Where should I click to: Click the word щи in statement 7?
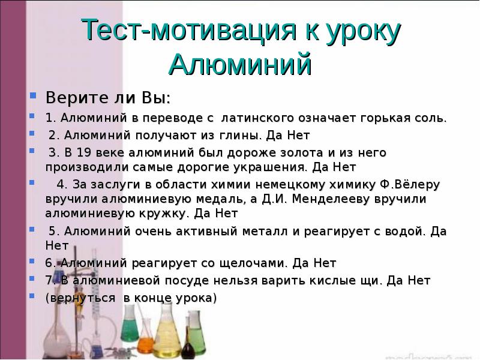tap(371, 280)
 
